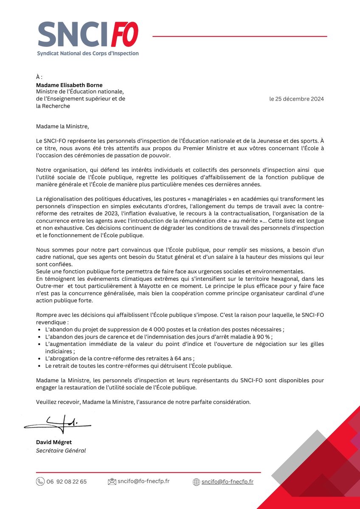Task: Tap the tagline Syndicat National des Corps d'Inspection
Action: (x=87, y=53)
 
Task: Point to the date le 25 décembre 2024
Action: (x=296, y=99)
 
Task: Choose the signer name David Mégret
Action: (x=54, y=442)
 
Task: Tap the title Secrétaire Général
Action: (x=61, y=450)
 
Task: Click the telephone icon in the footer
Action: (x=40, y=481)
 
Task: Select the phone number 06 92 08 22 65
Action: (x=67, y=481)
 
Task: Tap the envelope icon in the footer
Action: (x=112, y=481)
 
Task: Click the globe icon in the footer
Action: (x=196, y=482)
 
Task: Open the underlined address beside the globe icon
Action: (x=228, y=481)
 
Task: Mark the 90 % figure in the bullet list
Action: (x=263, y=336)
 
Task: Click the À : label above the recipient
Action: (x=39, y=78)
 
